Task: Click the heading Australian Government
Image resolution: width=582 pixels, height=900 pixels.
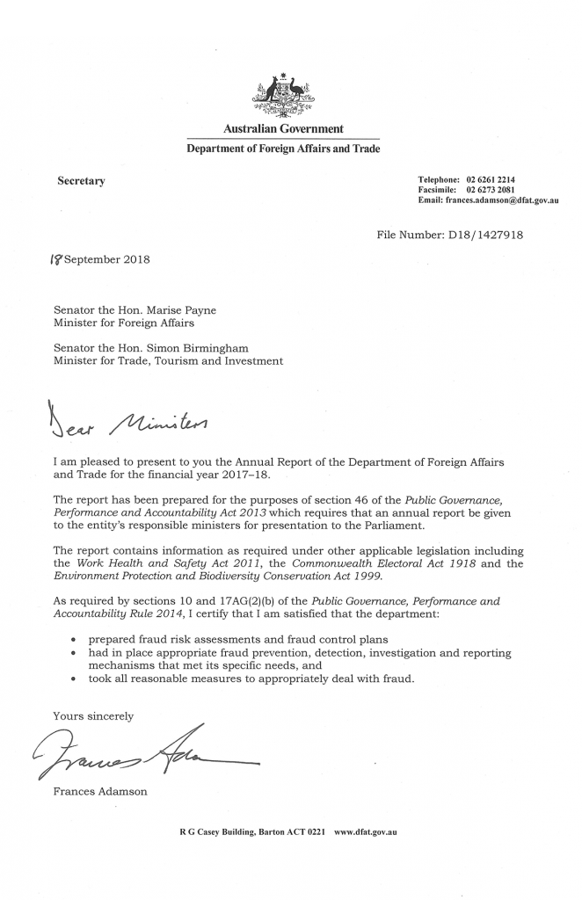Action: click(x=282, y=129)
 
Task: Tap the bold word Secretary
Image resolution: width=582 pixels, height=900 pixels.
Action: click(x=81, y=181)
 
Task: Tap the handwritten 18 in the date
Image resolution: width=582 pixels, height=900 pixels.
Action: click(x=33, y=259)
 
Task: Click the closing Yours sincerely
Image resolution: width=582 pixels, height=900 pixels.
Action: click(x=93, y=715)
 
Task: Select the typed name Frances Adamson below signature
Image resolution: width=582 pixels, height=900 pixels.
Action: click(x=100, y=792)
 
